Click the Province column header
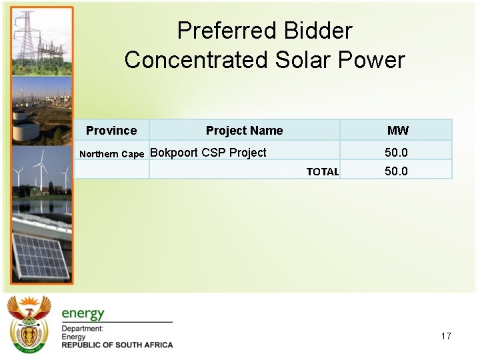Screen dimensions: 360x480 click(x=111, y=131)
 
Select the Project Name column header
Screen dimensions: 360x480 click(x=244, y=131)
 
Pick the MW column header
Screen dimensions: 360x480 click(x=398, y=131)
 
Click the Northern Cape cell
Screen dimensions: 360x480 click(x=111, y=154)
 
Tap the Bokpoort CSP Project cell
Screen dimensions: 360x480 click(x=208, y=153)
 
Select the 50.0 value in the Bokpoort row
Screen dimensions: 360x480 click(x=396, y=153)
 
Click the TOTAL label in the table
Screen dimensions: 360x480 click(x=322, y=172)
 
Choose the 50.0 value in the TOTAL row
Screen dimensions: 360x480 click(x=396, y=171)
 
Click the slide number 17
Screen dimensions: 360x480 click(x=446, y=336)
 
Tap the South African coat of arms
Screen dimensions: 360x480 click(x=29, y=324)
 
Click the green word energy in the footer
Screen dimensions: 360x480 click(x=83, y=313)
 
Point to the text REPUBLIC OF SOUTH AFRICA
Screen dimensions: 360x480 click(x=117, y=345)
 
